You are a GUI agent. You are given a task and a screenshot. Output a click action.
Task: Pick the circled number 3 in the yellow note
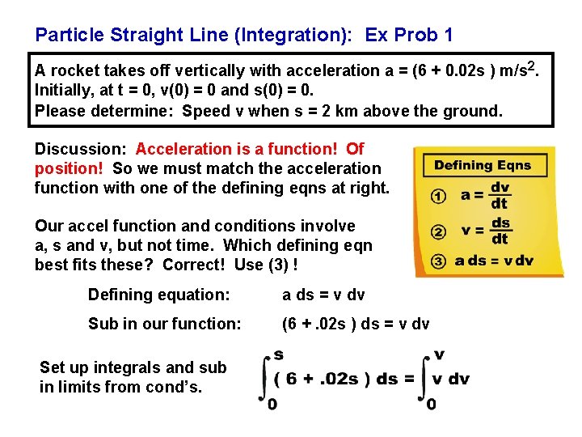pos(437,261)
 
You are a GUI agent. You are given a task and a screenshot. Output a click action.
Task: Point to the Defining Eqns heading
pos(483,165)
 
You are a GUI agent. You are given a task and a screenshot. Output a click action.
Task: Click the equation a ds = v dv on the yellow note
pos(494,261)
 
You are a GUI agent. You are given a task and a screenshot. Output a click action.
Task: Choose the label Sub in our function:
pos(165,324)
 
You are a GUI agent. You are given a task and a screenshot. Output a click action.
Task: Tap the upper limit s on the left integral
pos(278,354)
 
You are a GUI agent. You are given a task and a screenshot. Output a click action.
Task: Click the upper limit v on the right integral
pos(439,354)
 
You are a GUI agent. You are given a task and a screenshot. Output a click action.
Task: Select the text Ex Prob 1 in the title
pos(409,35)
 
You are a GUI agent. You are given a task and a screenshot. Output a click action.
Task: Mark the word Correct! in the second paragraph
pos(194,265)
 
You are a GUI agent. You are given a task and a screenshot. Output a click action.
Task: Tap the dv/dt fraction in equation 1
pos(500,195)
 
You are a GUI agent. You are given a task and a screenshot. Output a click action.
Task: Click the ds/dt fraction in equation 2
pos(500,231)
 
